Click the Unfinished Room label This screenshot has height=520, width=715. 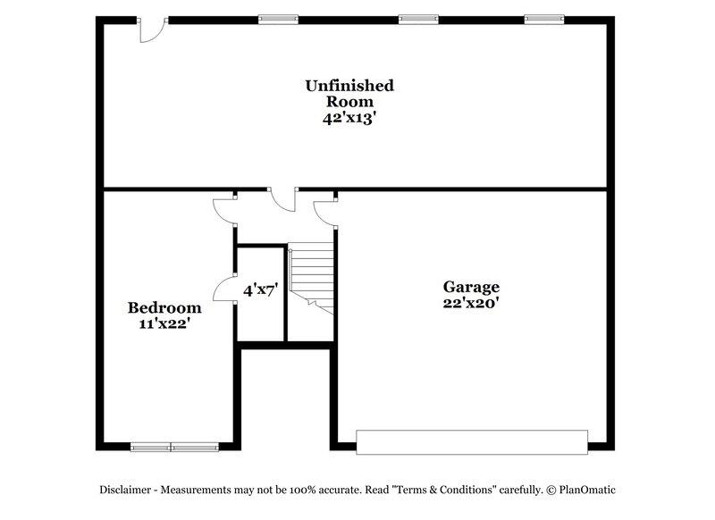coord(349,94)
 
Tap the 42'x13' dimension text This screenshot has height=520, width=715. coord(349,118)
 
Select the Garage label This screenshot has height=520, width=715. coord(471,287)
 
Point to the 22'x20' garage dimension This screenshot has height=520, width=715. coord(471,303)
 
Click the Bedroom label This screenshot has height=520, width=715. coord(164,307)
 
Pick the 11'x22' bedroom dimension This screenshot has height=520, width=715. coord(164,324)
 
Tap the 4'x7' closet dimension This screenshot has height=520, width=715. coord(260,289)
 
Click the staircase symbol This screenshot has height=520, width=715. coord(312,278)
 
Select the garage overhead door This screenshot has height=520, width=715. coord(472,442)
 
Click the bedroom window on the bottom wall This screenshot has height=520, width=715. coord(174,447)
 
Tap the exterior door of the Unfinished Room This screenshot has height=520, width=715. coord(151,30)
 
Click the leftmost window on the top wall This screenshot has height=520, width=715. coord(278,19)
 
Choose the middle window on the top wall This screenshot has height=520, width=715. coord(418,19)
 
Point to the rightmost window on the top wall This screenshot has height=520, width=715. coord(544,19)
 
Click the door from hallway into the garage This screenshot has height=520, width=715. coord(325,214)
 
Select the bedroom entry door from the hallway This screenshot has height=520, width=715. coord(225,212)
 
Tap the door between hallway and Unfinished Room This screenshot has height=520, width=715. coord(282,199)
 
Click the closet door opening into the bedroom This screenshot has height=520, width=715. coord(225,289)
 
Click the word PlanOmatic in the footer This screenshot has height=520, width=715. coord(587,490)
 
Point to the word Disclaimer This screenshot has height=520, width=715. coord(125,490)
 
